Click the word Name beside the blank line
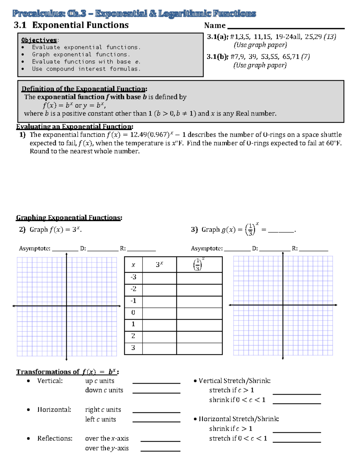[215, 26]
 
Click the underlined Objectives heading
[39, 40]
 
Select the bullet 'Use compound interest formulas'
[86, 69]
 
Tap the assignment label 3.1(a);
[217, 37]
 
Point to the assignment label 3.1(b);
[217, 57]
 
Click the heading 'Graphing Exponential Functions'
[69, 218]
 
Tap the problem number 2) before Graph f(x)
[22, 230]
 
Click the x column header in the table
[133, 265]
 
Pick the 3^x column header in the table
[159, 265]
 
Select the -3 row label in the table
[133, 277]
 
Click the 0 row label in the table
[133, 312]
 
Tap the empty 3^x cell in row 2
[159, 336]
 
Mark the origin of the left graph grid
[66, 306]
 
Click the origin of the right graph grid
[283, 305]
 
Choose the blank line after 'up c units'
[156, 383]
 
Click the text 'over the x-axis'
[107, 439]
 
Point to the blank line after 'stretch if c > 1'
[297, 394]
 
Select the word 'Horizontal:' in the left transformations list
[54, 410]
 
